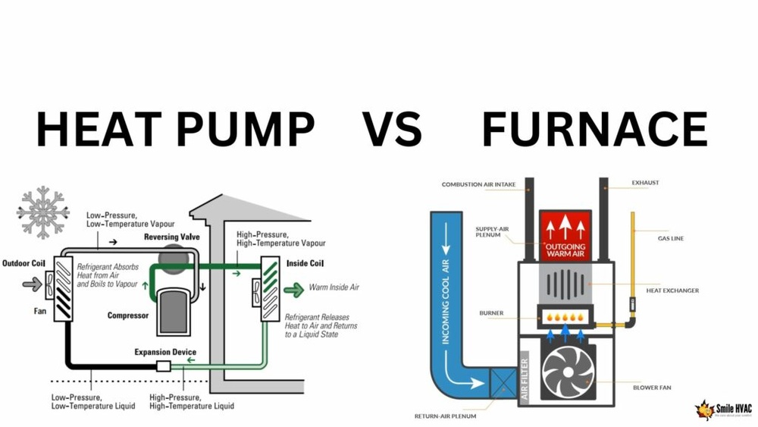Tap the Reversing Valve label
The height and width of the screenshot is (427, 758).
point(172,237)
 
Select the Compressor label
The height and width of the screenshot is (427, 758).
point(127,315)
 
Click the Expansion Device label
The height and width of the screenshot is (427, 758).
point(165,352)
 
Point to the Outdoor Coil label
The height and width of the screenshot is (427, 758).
point(25,263)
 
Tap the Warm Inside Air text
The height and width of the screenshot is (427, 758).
point(334,288)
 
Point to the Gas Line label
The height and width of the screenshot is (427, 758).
point(672,238)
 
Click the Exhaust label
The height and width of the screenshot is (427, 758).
point(647,184)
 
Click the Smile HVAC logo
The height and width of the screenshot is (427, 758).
point(724,410)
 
